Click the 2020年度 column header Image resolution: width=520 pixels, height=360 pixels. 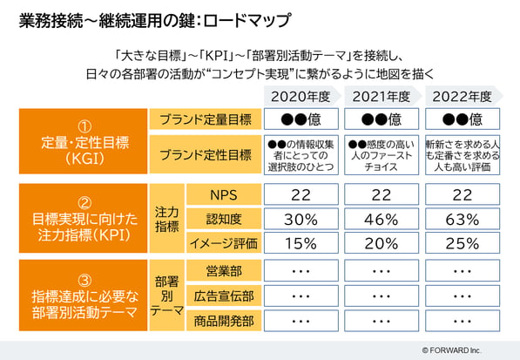301,97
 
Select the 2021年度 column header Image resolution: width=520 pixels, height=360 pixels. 382,97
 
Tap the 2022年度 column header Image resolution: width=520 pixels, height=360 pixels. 462,97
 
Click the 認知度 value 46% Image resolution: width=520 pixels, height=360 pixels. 382,219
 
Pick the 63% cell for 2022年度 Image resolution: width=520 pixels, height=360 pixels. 463,219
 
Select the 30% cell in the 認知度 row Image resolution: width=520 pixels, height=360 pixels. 301,219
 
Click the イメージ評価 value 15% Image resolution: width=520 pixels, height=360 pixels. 301,243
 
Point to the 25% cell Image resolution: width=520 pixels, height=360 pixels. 463,243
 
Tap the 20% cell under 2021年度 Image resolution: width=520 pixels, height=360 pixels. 382,243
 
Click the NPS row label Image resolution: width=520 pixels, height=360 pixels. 224,194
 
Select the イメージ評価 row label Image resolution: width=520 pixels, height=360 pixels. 224,243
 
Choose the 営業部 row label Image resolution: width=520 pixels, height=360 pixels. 224,271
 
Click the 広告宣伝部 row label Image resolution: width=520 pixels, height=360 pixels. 224,295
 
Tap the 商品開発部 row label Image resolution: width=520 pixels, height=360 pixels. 224,321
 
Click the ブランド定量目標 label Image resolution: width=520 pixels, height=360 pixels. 206,119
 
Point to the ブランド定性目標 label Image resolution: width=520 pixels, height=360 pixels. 206,154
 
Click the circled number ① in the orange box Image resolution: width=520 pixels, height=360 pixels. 84,126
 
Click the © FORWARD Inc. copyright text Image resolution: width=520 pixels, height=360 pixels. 452,350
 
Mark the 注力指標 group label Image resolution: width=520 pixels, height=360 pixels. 167,219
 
